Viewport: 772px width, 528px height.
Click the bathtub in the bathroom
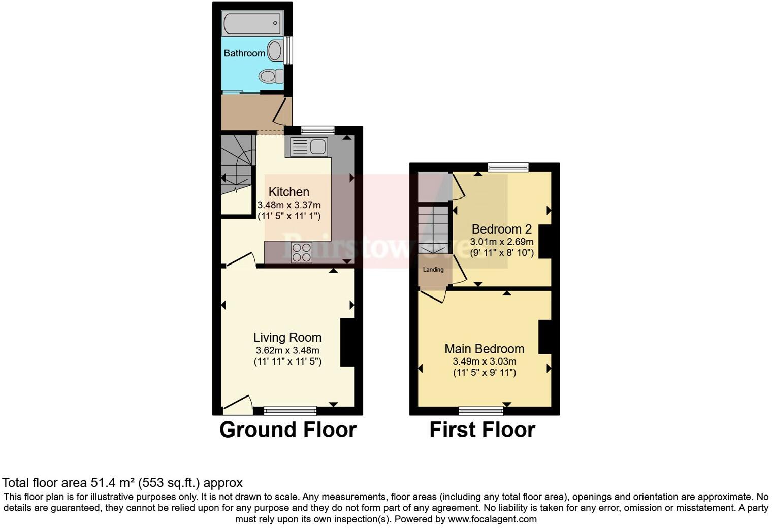coord(252,23)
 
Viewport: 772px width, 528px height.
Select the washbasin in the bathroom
coord(275,51)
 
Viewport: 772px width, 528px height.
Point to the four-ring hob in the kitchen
coord(301,252)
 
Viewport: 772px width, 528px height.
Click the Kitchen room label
coord(288,192)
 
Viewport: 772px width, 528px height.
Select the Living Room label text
coord(287,337)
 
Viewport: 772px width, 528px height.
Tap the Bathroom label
coord(244,53)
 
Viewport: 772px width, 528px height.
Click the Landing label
coord(433,270)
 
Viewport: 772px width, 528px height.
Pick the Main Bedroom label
coord(484,349)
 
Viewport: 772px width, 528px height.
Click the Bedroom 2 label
coord(501,229)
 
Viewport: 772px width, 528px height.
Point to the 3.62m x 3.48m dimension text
coord(287,350)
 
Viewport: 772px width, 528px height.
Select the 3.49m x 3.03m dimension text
coord(484,361)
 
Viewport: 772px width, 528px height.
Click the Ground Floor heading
coord(287,430)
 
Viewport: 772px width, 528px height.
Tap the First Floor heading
coord(482,430)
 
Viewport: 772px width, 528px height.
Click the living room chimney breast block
coord(347,342)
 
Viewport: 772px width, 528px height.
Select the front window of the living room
coord(290,410)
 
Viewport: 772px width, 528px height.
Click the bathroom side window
coord(288,50)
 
